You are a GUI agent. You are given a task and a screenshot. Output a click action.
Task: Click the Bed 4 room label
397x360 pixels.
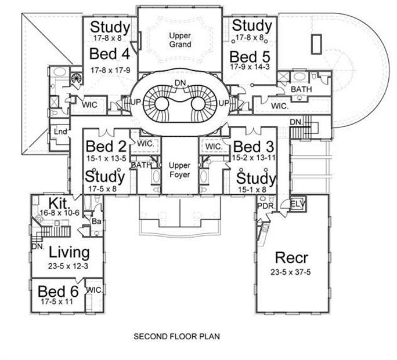tap(110, 54)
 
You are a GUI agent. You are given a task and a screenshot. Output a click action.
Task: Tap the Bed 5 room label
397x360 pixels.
tap(250, 57)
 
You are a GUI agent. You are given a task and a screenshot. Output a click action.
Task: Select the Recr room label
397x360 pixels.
tap(291, 257)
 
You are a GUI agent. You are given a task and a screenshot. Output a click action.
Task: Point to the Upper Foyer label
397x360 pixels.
tap(179, 170)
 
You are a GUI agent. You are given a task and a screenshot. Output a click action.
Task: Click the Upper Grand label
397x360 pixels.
tap(180, 40)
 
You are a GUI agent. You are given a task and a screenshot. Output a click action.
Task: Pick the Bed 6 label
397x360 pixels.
tap(58, 292)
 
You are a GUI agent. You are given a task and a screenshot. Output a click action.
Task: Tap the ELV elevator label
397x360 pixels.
tap(298, 203)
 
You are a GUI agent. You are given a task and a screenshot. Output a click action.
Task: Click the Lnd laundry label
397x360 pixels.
tap(60, 132)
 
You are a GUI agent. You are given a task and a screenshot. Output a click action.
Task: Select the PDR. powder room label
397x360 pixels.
tap(266, 206)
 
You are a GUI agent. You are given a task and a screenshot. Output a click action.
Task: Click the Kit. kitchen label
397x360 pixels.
tap(59, 203)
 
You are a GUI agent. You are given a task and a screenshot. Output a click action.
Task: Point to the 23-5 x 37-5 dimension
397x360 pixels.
tap(290, 272)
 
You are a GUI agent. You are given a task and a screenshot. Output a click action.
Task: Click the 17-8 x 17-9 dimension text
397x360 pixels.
tap(110, 70)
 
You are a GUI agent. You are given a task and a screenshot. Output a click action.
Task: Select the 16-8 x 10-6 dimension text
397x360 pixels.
tap(60, 213)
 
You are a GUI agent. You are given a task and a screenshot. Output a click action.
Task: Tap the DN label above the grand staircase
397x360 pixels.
tap(180, 83)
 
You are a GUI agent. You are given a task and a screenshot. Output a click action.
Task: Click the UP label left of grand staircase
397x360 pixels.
tap(135, 103)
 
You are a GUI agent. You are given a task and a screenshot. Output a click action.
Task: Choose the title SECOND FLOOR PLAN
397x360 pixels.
tap(176, 336)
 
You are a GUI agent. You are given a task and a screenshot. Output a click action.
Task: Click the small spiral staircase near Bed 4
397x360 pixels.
tap(76, 78)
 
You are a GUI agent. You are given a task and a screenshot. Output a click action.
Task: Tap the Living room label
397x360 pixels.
tap(69, 253)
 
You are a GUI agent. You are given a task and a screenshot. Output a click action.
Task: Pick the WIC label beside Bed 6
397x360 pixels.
tap(94, 290)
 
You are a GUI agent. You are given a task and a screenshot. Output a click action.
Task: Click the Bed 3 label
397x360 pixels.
tap(254, 147)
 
